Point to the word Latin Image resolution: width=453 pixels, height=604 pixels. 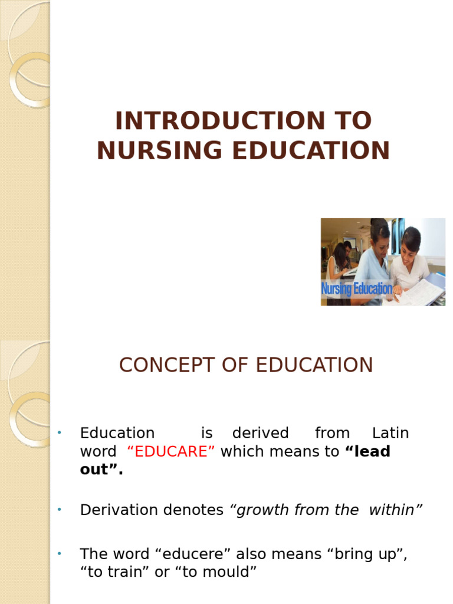click(x=390, y=433)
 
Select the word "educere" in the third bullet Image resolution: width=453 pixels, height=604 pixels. click(x=195, y=554)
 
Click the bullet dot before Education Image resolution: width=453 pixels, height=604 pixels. click(x=60, y=434)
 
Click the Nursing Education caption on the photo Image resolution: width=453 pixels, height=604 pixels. click(x=356, y=289)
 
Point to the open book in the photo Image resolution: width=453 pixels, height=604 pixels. click(x=420, y=292)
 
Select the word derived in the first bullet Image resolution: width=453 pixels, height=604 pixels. click(x=260, y=433)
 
